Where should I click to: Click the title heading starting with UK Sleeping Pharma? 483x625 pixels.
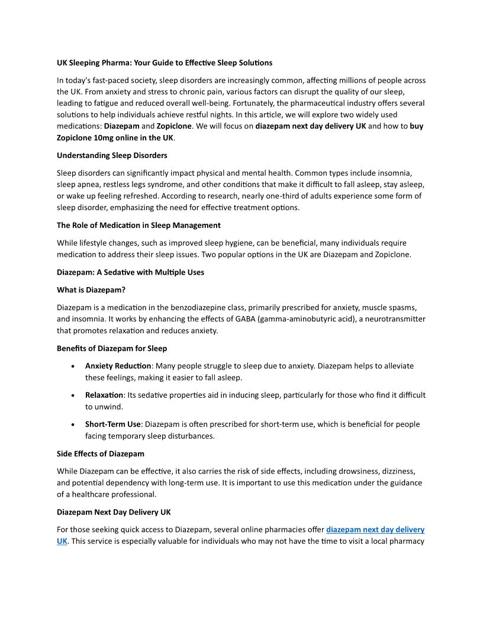(165, 62)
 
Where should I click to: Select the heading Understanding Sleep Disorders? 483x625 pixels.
(112, 155)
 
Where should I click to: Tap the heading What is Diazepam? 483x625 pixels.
(91, 289)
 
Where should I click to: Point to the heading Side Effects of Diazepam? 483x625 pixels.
(101, 453)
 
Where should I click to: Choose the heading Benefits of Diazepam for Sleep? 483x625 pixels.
(112, 348)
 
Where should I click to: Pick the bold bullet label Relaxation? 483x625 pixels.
(104, 395)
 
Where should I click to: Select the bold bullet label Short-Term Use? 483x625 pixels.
(112, 424)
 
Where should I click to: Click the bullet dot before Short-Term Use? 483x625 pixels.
(72, 425)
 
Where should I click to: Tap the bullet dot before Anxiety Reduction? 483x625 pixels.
(72, 366)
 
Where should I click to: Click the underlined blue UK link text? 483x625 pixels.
(62, 541)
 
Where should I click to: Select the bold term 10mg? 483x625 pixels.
(104, 137)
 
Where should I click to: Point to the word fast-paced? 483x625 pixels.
(110, 80)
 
